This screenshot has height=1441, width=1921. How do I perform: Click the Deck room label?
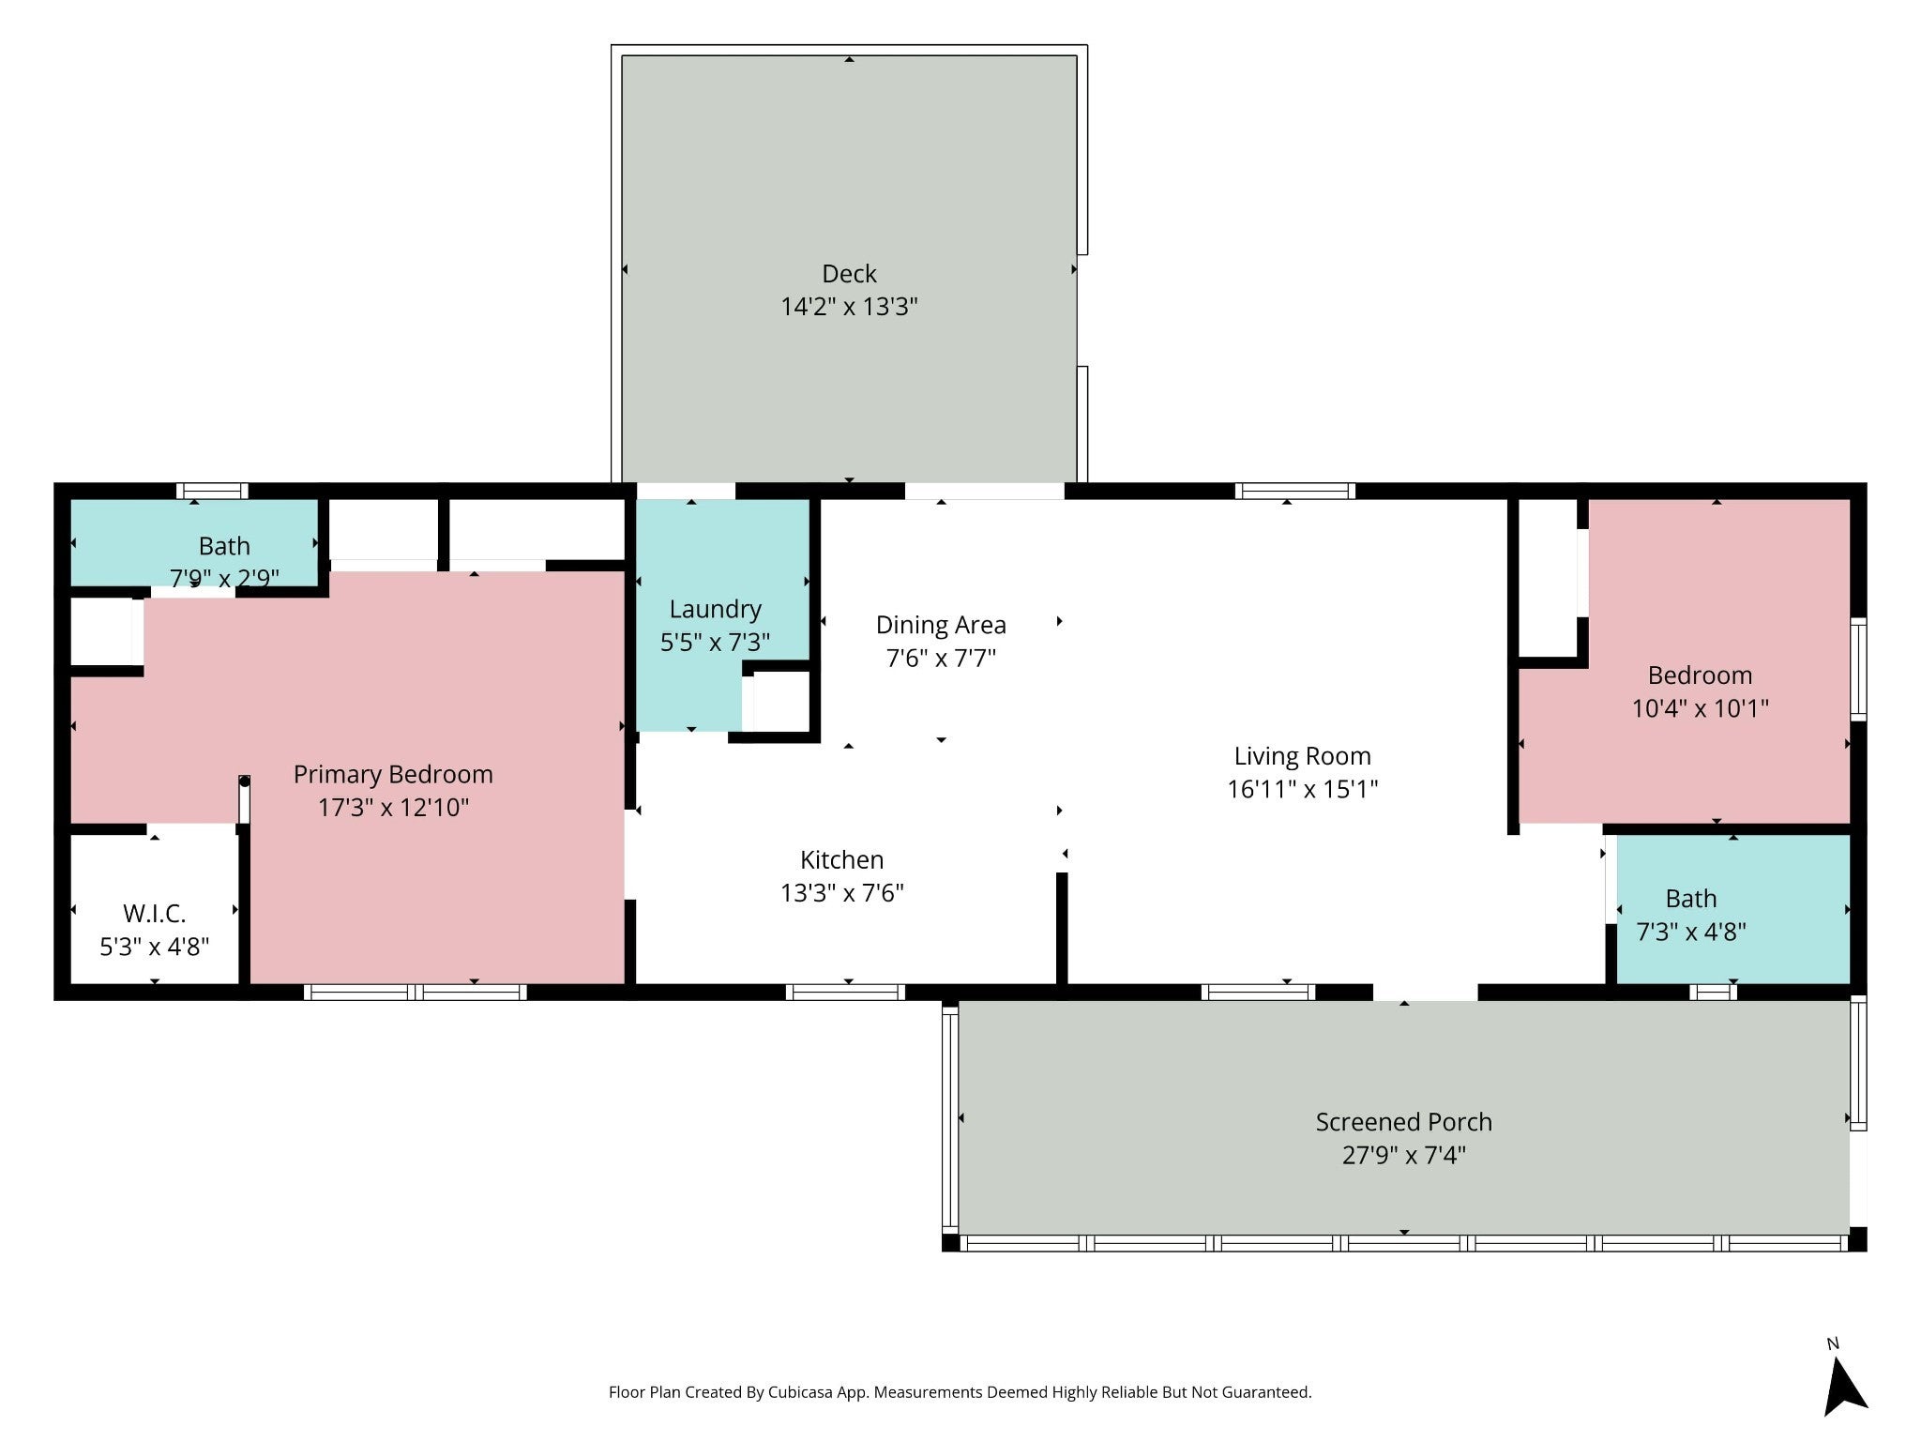pos(849,273)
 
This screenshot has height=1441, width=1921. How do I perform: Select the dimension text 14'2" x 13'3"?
pos(849,307)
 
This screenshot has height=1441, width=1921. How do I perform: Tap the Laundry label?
pos(715,610)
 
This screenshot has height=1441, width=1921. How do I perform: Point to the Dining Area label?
pos(941,625)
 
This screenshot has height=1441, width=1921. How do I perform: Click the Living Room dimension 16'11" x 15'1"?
pos(1303,789)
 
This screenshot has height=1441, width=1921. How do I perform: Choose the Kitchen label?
pos(841,859)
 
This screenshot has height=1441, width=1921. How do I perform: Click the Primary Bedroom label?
pos(393,775)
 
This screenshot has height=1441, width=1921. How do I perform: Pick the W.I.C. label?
pos(155,913)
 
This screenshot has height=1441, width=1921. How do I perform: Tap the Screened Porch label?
pos(1403,1121)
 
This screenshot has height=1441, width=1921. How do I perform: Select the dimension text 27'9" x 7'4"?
pos(1403,1155)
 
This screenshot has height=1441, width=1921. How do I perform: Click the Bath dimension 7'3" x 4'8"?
pos(1691,932)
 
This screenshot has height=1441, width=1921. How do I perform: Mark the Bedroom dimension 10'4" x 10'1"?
pos(1700,708)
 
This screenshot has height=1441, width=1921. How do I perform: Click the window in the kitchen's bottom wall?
pos(845,992)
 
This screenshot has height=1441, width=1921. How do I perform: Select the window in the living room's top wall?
pos(1294,491)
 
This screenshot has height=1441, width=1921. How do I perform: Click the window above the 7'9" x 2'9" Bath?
pos(212,491)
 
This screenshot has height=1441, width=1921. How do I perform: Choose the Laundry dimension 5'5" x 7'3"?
pos(715,643)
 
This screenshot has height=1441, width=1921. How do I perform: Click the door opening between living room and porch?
pos(1426,992)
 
